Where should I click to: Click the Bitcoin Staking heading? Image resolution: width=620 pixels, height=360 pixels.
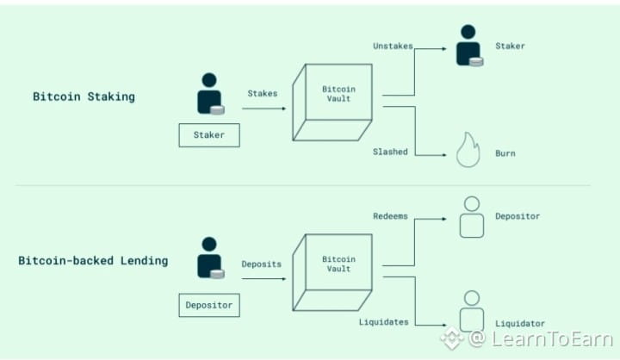[x=84, y=97]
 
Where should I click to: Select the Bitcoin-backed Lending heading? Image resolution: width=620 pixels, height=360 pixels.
[x=93, y=261]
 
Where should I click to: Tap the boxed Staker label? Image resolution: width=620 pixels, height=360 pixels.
[x=209, y=135]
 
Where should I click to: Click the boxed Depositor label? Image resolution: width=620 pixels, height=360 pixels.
[x=209, y=305]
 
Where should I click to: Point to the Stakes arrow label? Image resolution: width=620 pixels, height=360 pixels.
[x=263, y=93]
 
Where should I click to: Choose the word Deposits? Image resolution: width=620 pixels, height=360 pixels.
[x=262, y=264]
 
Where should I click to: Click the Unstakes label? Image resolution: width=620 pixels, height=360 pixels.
[x=393, y=46]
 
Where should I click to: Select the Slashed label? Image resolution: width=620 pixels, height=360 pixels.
[x=390, y=152]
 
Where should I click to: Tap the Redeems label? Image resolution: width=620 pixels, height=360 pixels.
[x=390, y=216]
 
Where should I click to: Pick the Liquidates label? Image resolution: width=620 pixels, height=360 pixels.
[x=383, y=322]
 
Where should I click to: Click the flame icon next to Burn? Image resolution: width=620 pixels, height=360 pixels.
[x=468, y=150]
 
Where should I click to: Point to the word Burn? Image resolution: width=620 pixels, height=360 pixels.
[x=505, y=153]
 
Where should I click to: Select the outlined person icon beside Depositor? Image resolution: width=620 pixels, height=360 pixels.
[x=472, y=217]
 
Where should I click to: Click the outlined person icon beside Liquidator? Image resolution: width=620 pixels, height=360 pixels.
[x=472, y=311]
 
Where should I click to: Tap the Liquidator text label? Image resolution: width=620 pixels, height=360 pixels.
[x=520, y=324]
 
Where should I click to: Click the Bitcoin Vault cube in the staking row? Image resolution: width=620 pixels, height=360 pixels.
[x=332, y=102]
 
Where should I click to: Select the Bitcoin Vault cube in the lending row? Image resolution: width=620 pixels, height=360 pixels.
[x=332, y=272]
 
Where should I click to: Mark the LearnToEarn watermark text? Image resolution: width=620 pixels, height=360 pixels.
[x=552, y=339]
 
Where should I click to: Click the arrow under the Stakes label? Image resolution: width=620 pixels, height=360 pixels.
[x=263, y=109]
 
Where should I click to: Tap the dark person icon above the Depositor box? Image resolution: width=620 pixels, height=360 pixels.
[x=211, y=258]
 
